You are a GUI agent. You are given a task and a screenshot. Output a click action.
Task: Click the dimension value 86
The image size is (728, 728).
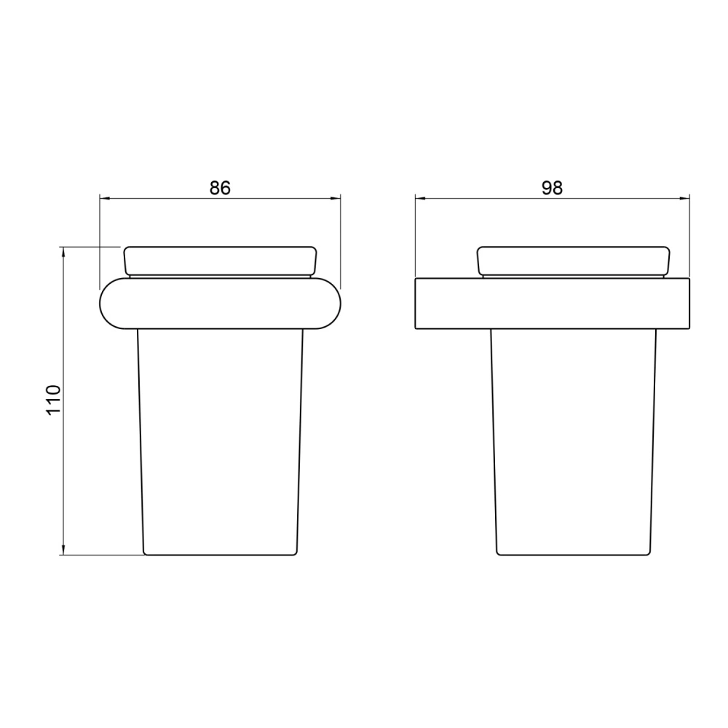[220, 188]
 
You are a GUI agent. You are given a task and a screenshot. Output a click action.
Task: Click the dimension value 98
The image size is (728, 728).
[552, 188]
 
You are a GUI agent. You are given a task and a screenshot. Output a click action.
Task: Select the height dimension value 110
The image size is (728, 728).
[53, 400]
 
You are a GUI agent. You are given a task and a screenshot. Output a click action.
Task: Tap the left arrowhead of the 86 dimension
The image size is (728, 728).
[105, 199]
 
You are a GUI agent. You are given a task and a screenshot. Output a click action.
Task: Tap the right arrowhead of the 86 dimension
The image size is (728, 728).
[335, 199]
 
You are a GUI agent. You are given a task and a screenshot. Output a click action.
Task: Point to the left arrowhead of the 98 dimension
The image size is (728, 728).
[421, 199]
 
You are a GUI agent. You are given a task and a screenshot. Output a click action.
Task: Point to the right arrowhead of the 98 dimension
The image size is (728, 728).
[684, 199]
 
